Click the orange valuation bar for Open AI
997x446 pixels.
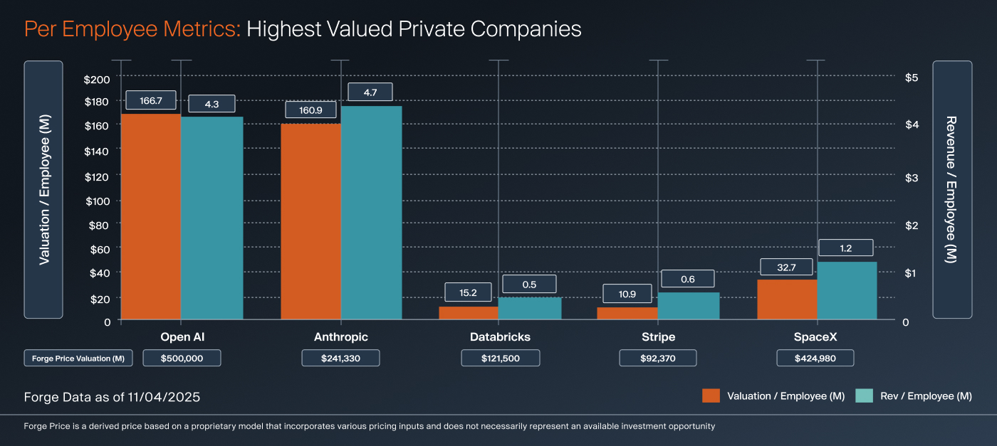click(x=151, y=217)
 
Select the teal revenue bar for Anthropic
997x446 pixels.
click(x=371, y=213)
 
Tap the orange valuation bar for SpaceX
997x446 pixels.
click(x=787, y=299)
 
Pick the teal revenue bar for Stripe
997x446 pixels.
click(x=689, y=306)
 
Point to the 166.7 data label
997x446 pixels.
click(x=151, y=101)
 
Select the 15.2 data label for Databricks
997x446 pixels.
click(x=468, y=292)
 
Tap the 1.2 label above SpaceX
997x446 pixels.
click(x=845, y=248)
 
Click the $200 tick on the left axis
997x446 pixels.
click(x=98, y=78)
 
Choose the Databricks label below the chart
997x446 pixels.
click(x=500, y=337)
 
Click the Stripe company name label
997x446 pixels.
click(x=657, y=337)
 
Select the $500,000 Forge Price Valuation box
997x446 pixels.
click(x=182, y=359)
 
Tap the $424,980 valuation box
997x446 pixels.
click(x=815, y=359)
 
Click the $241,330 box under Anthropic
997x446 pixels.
click(x=340, y=359)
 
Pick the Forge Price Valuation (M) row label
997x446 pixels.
click(x=78, y=359)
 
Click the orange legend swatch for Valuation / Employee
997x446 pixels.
click(x=711, y=396)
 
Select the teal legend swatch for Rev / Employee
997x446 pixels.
click(x=863, y=396)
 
